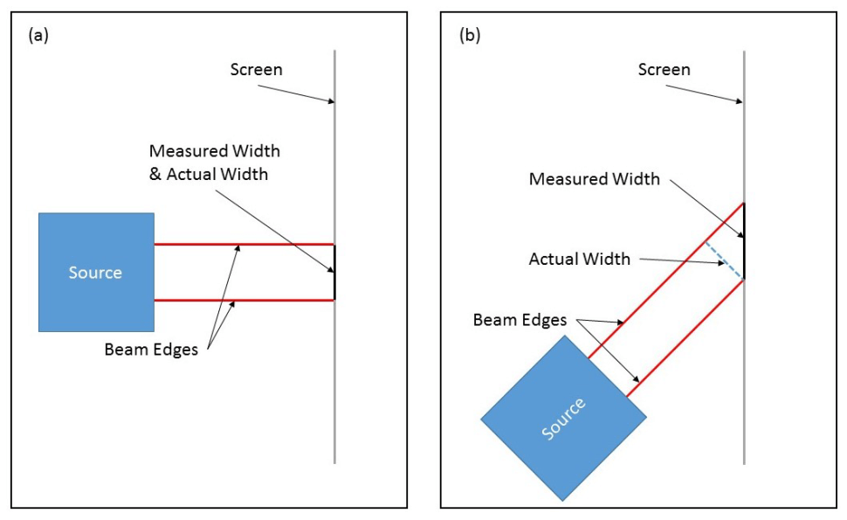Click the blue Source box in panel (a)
[x=96, y=272]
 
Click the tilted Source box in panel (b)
[x=564, y=419]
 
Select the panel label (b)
[x=470, y=35]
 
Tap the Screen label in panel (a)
[x=256, y=70]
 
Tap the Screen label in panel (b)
[x=664, y=70]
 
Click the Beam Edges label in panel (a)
[x=150, y=350]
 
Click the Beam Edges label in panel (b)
[x=520, y=320]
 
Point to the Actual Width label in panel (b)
[x=580, y=260]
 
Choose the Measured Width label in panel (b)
[x=595, y=179]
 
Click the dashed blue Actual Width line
[x=725, y=260]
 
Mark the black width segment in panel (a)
[x=334, y=272]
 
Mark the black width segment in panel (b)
[x=744, y=241]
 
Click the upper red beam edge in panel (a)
[x=244, y=244]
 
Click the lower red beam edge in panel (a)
[x=244, y=301]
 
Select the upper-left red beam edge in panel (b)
[x=664, y=281]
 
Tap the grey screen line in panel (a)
[x=334, y=393]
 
